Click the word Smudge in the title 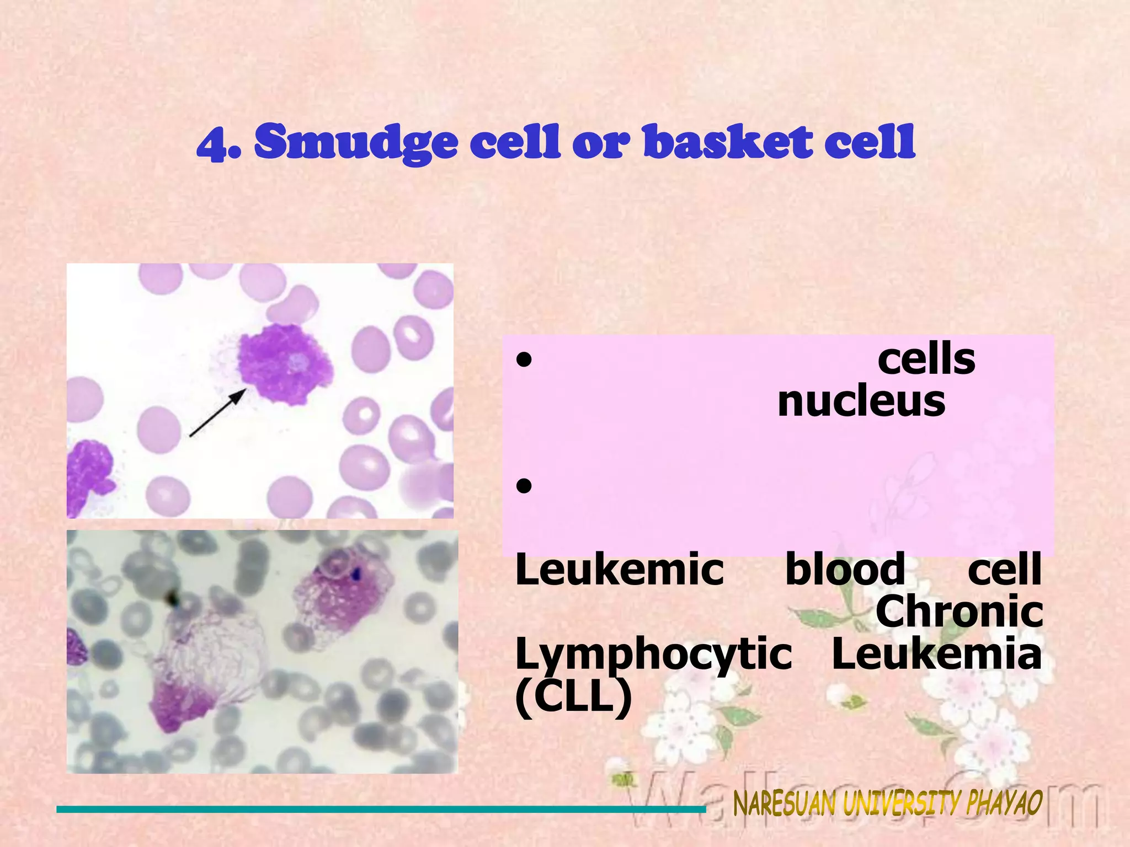pos(356,142)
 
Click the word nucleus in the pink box pos(861,401)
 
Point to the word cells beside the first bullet pos(926,360)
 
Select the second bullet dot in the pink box pos(524,486)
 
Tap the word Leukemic pos(619,570)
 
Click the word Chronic pos(959,612)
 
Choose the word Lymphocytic pos(653,655)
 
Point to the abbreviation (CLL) pos(573,698)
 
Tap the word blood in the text pos(845,570)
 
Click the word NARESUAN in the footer pos(785,804)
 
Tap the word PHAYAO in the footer pos(1004,802)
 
